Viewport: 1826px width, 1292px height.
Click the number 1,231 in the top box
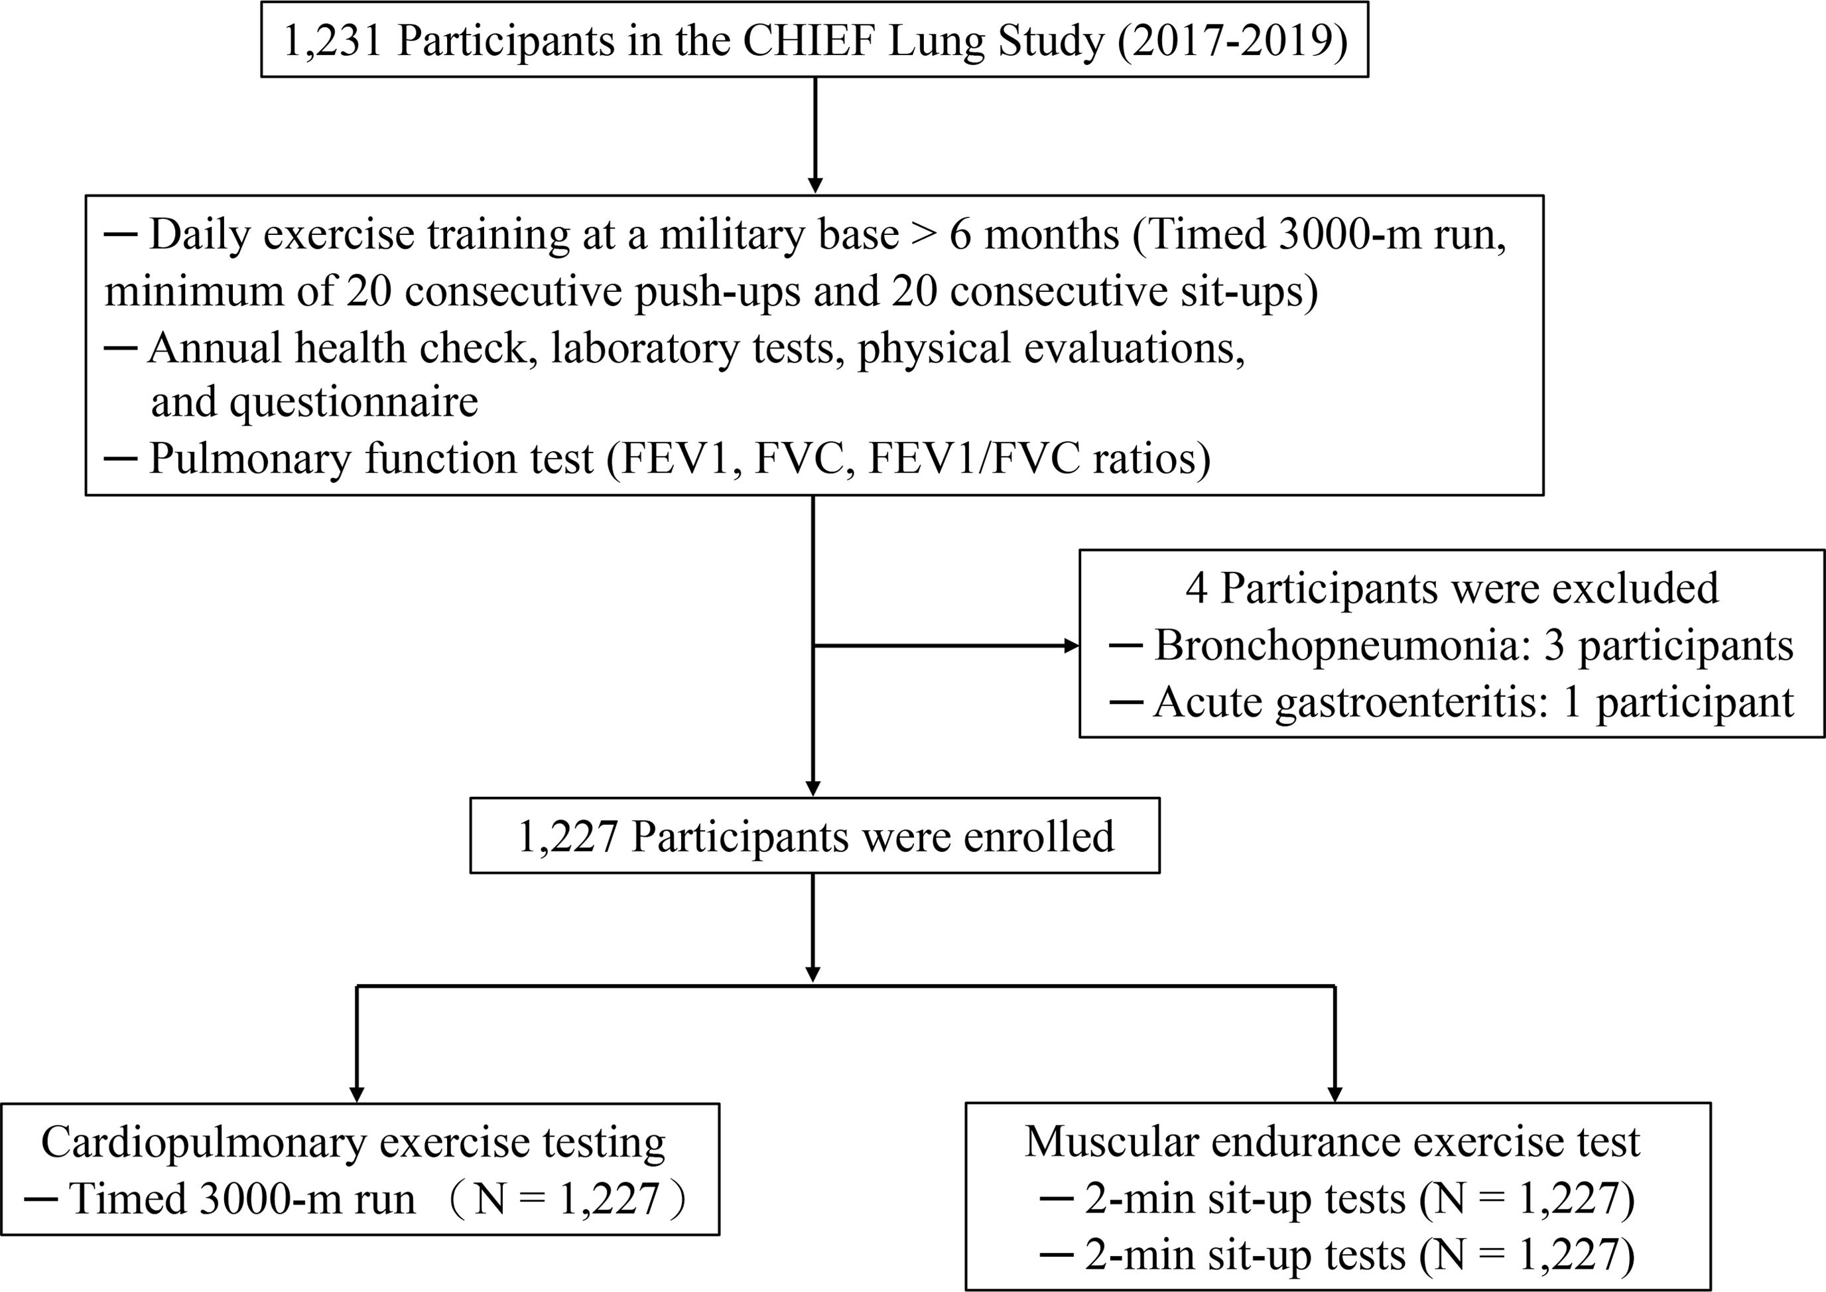[332, 41]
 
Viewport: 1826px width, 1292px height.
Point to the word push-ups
[716, 292]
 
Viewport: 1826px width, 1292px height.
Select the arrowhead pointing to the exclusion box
[1071, 646]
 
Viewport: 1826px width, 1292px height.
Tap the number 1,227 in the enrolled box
[567, 837]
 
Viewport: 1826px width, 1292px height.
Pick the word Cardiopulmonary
[204, 1143]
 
